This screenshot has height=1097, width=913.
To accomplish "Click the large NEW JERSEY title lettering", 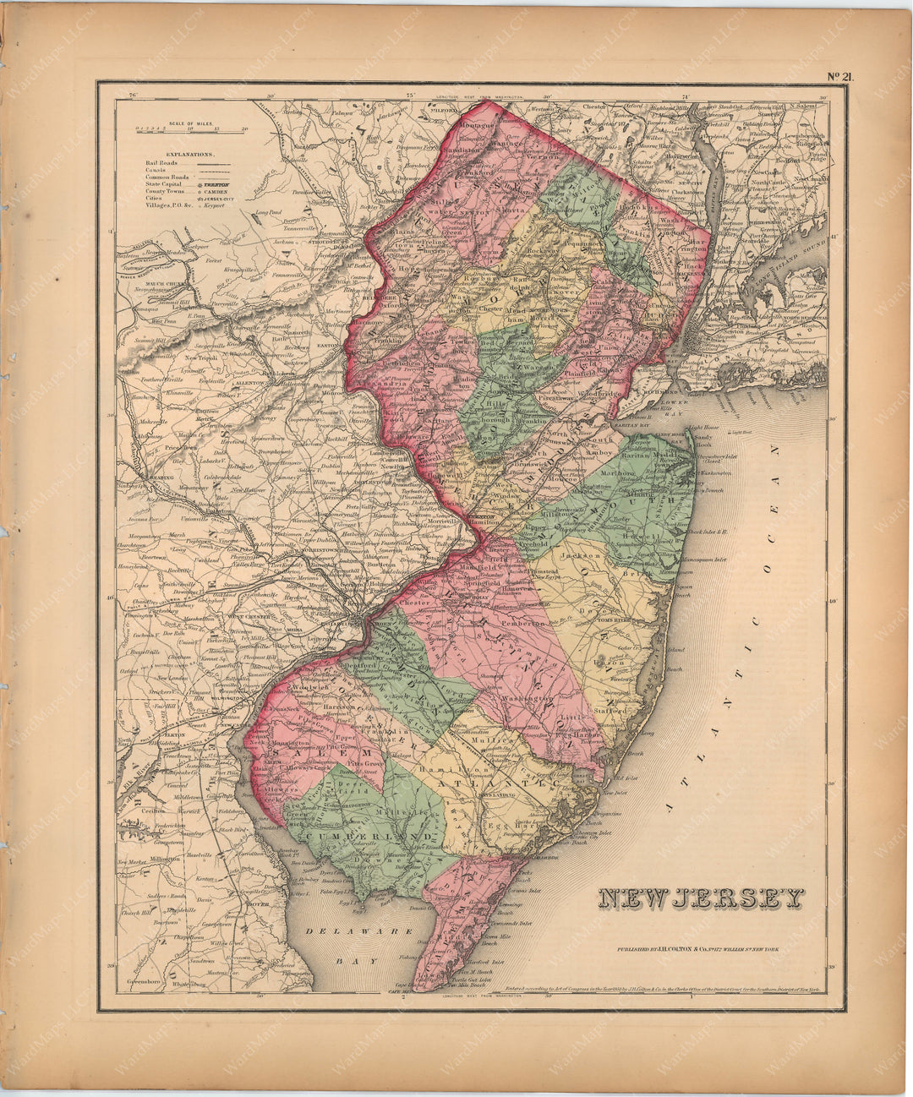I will pos(701,899).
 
